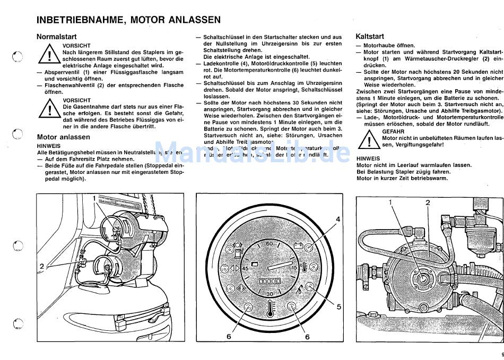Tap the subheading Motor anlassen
(x=63, y=137)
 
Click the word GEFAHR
(x=393, y=131)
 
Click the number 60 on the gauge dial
(x=269, y=243)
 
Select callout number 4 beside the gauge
(x=337, y=219)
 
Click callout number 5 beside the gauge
(x=338, y=306)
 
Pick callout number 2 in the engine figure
(x=428, y=203)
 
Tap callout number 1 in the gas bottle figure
(x=95, y=198)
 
